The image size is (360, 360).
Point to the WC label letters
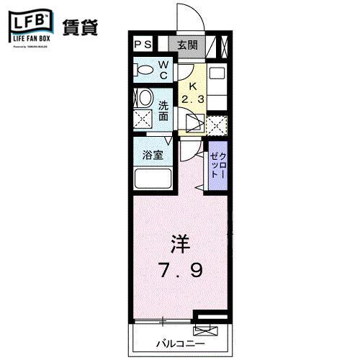click(164, 71)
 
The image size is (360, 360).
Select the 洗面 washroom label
click(163, 109)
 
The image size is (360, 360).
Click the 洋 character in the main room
click(181, 243)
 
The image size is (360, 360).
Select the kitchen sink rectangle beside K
click(217, 73)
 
